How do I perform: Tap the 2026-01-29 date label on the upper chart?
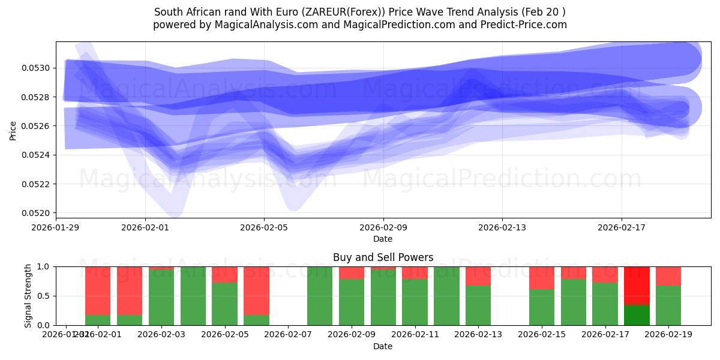[x=56, y=227]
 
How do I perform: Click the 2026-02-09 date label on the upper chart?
[x=383, y=227]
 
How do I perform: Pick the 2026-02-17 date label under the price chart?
[x=621, y=227]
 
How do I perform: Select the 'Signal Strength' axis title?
[x=28, y=296]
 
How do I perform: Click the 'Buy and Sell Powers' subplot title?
[x=383, y=257]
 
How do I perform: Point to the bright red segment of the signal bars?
[x=637, y=286]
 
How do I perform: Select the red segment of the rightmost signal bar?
[x=668, y=275]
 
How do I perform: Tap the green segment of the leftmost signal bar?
[x=98, y=320]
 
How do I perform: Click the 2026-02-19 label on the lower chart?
[x=668, y=334]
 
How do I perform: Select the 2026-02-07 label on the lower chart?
[x=288, y=334]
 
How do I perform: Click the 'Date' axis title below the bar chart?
[x=383, y=346]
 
